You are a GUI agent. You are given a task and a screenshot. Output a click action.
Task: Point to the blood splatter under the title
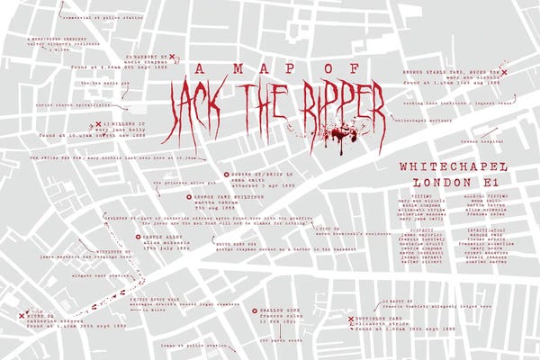(341, 134)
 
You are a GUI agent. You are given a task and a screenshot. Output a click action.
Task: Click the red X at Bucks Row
(504, 72)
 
